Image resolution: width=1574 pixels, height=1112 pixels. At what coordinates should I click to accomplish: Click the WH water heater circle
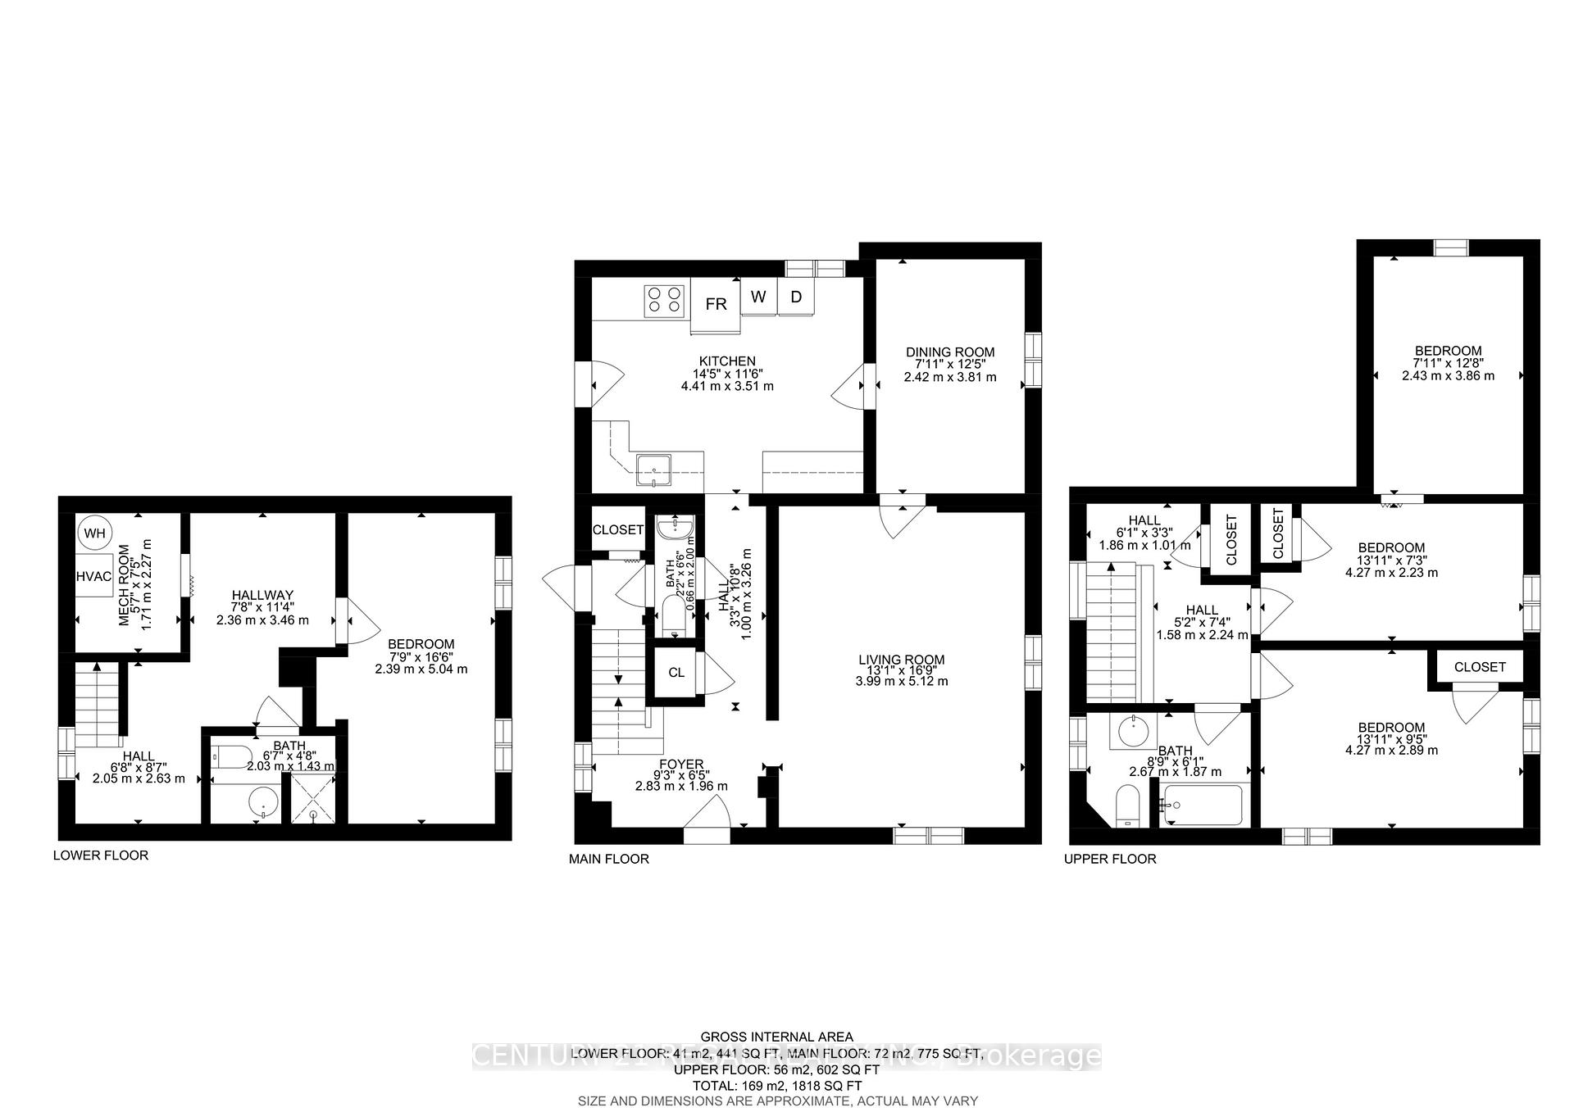click(x=95, y=533)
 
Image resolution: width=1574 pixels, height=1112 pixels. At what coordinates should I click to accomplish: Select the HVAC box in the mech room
click(x=94, y=576)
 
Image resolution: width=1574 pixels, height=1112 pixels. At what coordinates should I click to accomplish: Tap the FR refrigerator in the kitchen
click(x=716, y=305)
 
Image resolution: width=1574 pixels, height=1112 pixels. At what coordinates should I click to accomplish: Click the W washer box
click(x=758, y=297)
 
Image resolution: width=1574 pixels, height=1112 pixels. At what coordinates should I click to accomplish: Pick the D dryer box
click(x=795, y=297)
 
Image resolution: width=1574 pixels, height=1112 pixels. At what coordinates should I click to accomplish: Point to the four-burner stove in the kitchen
click(x=664, y=300)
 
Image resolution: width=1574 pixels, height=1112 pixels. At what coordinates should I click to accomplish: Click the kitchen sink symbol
click(x=654, y=470)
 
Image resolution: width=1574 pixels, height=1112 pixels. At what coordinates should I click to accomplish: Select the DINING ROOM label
click(x=950, y=352)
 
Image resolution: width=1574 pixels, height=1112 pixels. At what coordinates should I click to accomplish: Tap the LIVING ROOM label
click(x=901, y=659)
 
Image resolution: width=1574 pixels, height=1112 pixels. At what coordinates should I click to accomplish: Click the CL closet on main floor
click(x=676, y=673)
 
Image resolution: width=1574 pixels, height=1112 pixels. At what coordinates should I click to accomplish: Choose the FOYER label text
click(x=680, y=765)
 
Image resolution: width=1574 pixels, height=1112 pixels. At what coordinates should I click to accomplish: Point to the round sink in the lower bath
click(x=263, y=804)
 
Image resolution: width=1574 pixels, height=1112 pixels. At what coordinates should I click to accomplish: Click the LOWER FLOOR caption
click(x=101, y=856)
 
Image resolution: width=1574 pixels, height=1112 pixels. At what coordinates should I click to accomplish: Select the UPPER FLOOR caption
click(x=1110, y=859)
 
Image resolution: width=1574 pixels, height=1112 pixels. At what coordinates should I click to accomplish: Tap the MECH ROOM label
click(x=125, y=585)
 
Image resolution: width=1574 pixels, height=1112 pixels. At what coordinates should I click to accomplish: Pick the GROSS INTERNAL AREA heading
click(x=776, y=1037)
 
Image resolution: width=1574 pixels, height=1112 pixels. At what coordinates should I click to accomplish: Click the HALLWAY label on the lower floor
click(x=262, y=595)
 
